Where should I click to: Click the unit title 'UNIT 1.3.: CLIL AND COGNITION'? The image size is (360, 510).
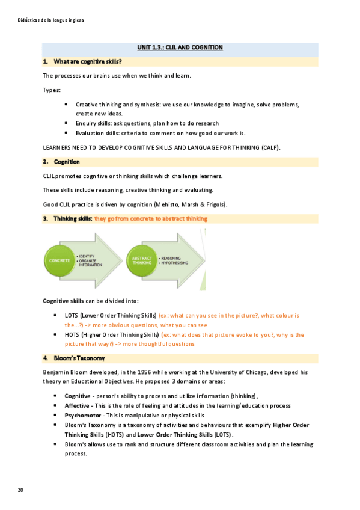point(180,48)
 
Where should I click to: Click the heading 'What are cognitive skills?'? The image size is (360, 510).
point(88,61)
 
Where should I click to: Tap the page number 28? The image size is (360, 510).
point(20,490)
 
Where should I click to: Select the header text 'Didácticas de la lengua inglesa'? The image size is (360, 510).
point(51,20)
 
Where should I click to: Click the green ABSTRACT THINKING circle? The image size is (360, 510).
point(142,260)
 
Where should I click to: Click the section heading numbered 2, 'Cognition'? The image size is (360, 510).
point(67,162)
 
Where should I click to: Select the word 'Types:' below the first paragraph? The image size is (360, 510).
point(52,90)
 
